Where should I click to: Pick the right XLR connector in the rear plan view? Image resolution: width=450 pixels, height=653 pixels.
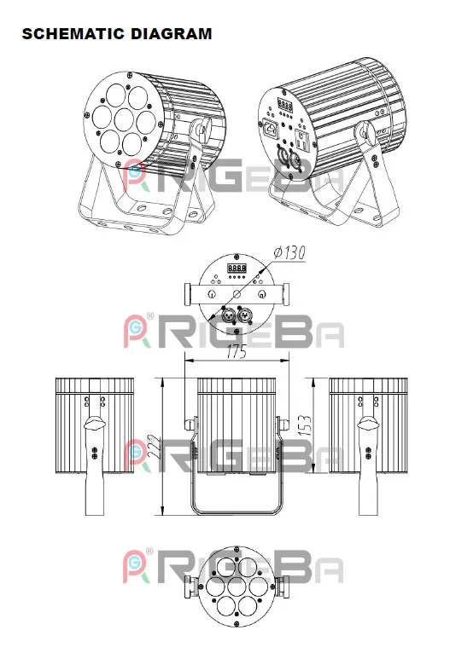[x=246, y=315]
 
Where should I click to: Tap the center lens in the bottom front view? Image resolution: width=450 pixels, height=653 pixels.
[x=237, y=589]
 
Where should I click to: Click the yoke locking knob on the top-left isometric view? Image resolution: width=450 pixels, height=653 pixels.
[x=203, y=130]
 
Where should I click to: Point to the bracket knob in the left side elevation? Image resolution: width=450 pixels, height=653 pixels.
[x=94, y=422]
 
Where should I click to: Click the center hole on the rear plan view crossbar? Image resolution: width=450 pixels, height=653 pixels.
[x=237, y=293]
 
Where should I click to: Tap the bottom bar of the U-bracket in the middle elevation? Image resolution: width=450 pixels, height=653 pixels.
[x=237, y=511]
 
